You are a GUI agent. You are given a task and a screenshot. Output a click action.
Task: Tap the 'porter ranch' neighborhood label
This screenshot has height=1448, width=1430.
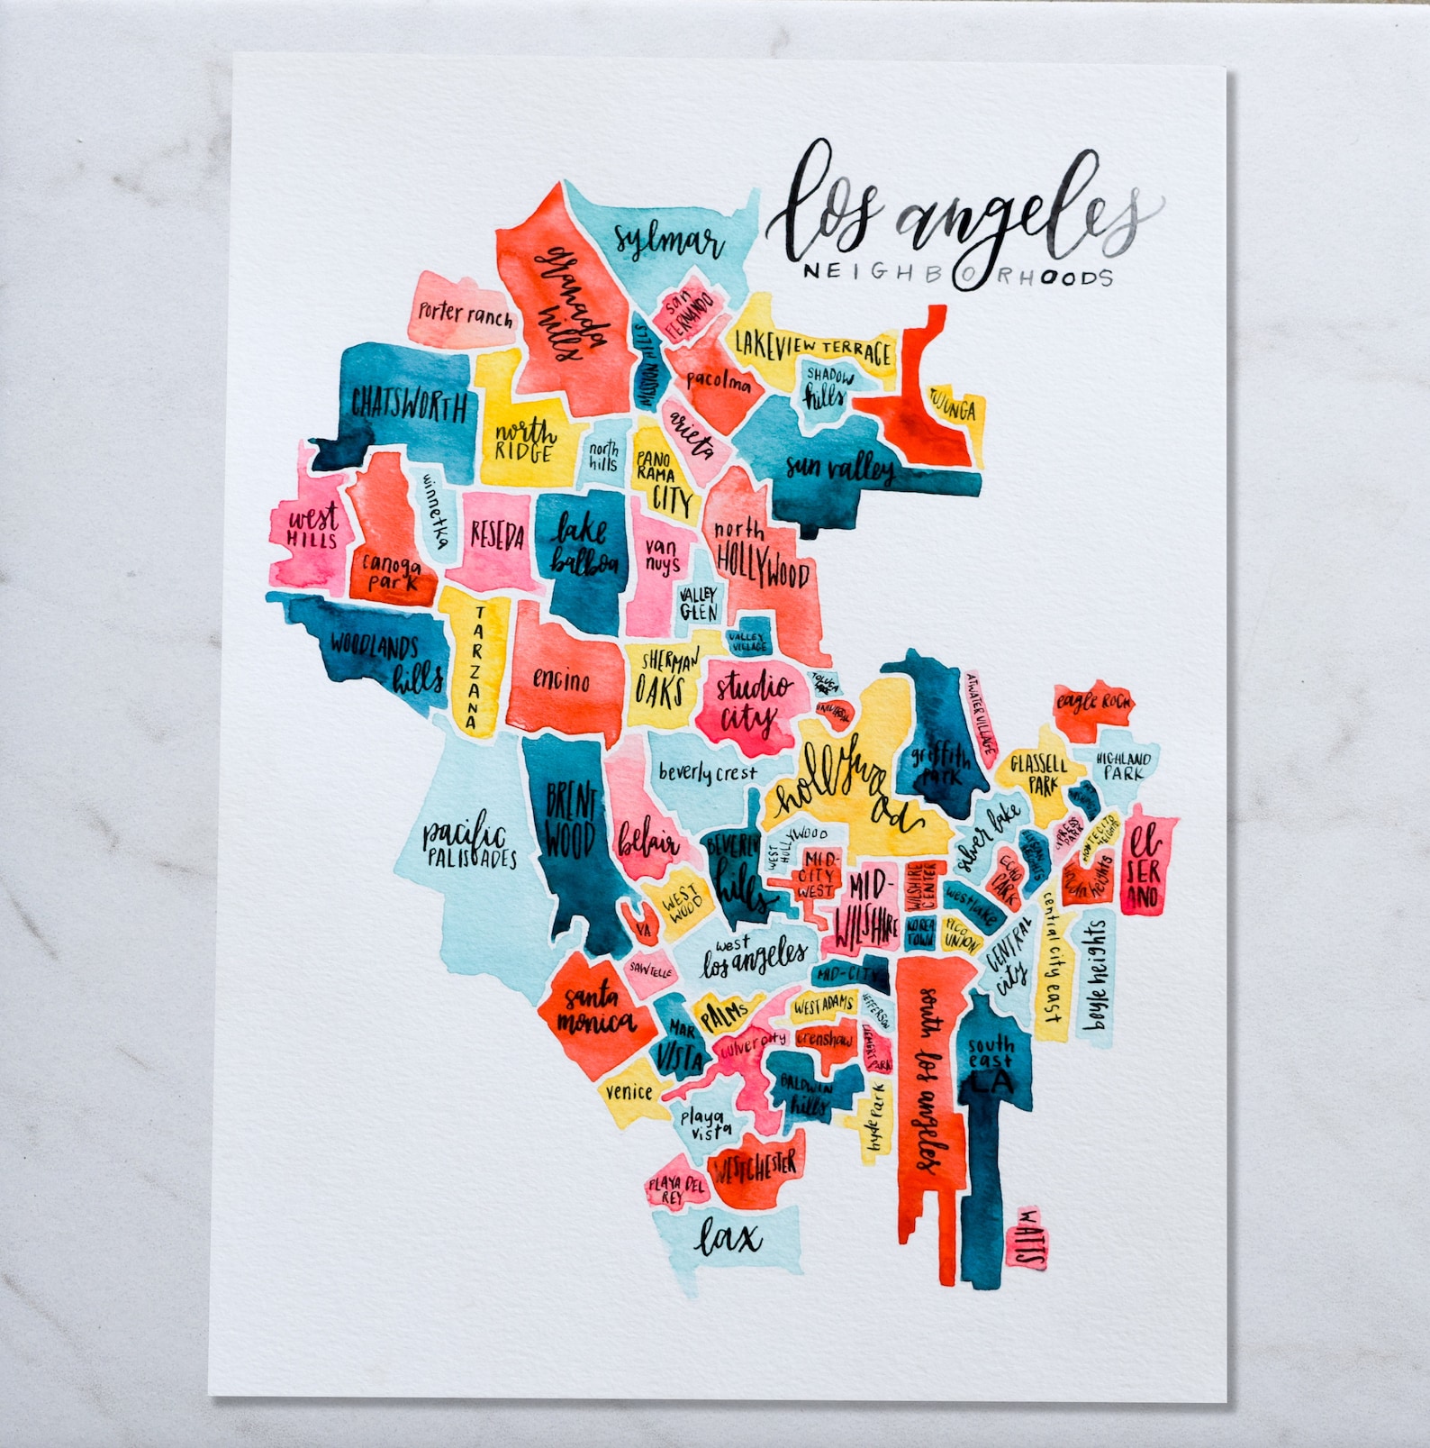(x=465, y=314)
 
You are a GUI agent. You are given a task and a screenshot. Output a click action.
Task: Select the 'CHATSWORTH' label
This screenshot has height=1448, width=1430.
(x=410, y=405)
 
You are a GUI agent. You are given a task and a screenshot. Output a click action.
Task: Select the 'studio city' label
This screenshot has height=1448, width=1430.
(x=752, y=703)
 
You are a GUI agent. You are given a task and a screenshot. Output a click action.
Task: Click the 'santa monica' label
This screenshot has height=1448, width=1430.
(x=594, y=1009)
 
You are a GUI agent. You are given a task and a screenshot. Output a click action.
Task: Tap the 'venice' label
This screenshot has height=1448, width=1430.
(x=629, y=1092)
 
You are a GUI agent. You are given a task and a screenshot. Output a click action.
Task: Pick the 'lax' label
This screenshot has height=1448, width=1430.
(x=729, y=1238)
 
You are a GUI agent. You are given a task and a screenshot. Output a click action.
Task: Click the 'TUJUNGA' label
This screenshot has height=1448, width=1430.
(x=952, y=410)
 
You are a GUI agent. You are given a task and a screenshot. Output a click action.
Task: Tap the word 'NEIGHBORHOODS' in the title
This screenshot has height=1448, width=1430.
(x=957, y=274)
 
